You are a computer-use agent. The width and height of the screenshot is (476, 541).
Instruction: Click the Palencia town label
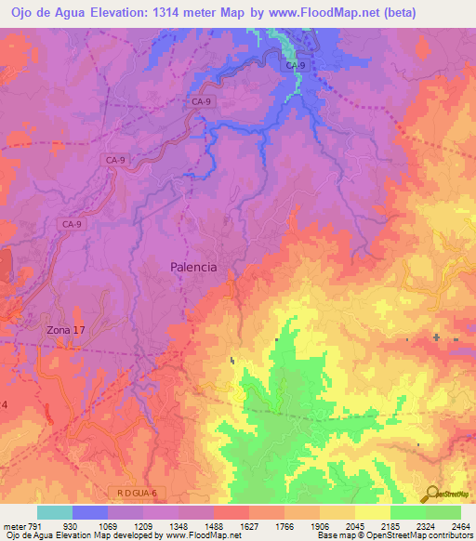(x=193, y=267)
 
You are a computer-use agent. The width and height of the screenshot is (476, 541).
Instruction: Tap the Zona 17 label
(x=65, y=330)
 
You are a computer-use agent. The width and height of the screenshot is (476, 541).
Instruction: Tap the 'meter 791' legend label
(x=20, y=525)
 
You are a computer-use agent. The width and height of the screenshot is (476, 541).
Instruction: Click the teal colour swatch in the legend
(x=55, y=512)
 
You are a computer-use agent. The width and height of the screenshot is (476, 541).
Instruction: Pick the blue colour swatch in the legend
(x=90, y=512)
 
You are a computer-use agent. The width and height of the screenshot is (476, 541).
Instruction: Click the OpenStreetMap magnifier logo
(x=432, y=494)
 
